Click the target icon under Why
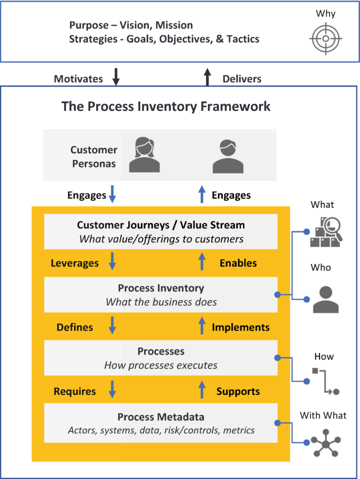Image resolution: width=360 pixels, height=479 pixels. (326, 39)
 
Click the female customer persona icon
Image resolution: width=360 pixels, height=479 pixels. (145, 155)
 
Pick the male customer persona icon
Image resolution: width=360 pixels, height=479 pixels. (228, 157)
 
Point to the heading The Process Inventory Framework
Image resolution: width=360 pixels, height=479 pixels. (166, 106)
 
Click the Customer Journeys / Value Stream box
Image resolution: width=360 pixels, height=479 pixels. (161, 232)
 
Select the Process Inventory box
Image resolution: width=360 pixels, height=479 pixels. (161, 295)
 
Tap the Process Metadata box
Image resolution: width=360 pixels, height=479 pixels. (161, 423)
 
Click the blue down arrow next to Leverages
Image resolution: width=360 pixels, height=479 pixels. (112, 262)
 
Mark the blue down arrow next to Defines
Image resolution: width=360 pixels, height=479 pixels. (112, 326)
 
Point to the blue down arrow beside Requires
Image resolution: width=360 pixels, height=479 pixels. (112, 390)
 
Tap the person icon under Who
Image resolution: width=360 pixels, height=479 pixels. (326, 299)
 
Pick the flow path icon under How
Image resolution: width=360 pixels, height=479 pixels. (326, 381)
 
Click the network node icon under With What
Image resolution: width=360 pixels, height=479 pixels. (326, 444)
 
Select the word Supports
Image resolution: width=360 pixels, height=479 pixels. (238, 391)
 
